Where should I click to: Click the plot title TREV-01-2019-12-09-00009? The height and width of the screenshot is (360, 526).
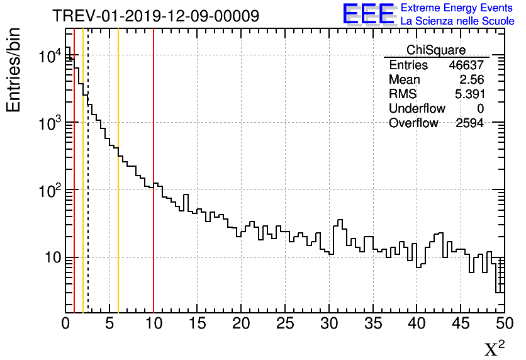[x=155, y=16]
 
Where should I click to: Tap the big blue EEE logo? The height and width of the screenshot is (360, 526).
[x=369, y=14]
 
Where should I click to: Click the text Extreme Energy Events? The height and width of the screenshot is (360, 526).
[x=457, y=8]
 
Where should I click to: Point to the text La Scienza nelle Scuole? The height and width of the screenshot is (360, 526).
[x=457, y=21]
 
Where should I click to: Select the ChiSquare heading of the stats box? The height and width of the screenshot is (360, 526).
[x=436, y=50]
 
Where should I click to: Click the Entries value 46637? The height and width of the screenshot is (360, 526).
[x=466, y=65]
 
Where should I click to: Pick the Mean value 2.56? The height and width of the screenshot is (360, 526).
[x=471, y=80]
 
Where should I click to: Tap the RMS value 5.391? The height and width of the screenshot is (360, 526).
[x=467, y=94]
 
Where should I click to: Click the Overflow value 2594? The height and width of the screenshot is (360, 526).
[x=469, y=123]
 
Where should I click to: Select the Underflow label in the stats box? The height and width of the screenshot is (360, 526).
[x=417, y=109]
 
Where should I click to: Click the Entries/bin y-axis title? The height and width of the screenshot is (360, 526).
[x=14, y=70]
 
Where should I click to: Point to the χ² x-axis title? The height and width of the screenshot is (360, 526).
[x=495, y=348]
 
